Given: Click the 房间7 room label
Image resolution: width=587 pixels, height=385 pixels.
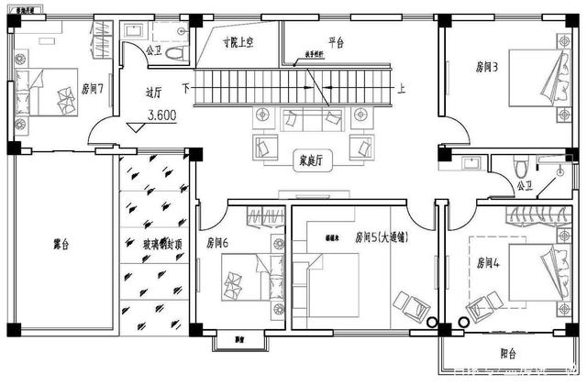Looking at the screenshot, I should pos(92,89).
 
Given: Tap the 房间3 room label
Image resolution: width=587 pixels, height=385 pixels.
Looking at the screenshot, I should pos(487,66).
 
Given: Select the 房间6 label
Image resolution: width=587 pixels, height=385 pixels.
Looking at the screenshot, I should pos(217,243).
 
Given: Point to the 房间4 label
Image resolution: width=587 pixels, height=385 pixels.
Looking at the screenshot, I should pos(489,262).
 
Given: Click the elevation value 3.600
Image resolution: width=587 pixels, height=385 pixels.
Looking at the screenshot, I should pos(162,116).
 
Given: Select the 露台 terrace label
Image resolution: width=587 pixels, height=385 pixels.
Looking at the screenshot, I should pos(62,245).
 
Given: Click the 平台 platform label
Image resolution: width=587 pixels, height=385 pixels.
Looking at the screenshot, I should pos(336,42).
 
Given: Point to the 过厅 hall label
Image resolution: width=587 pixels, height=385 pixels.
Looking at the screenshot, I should pos(153,92).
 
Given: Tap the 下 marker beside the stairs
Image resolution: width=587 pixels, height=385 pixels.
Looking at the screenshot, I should pos(186,88).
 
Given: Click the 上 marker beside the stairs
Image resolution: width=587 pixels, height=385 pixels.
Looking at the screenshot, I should pos(402,88).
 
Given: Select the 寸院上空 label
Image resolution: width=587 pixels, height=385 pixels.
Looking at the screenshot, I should pos(240,42).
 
